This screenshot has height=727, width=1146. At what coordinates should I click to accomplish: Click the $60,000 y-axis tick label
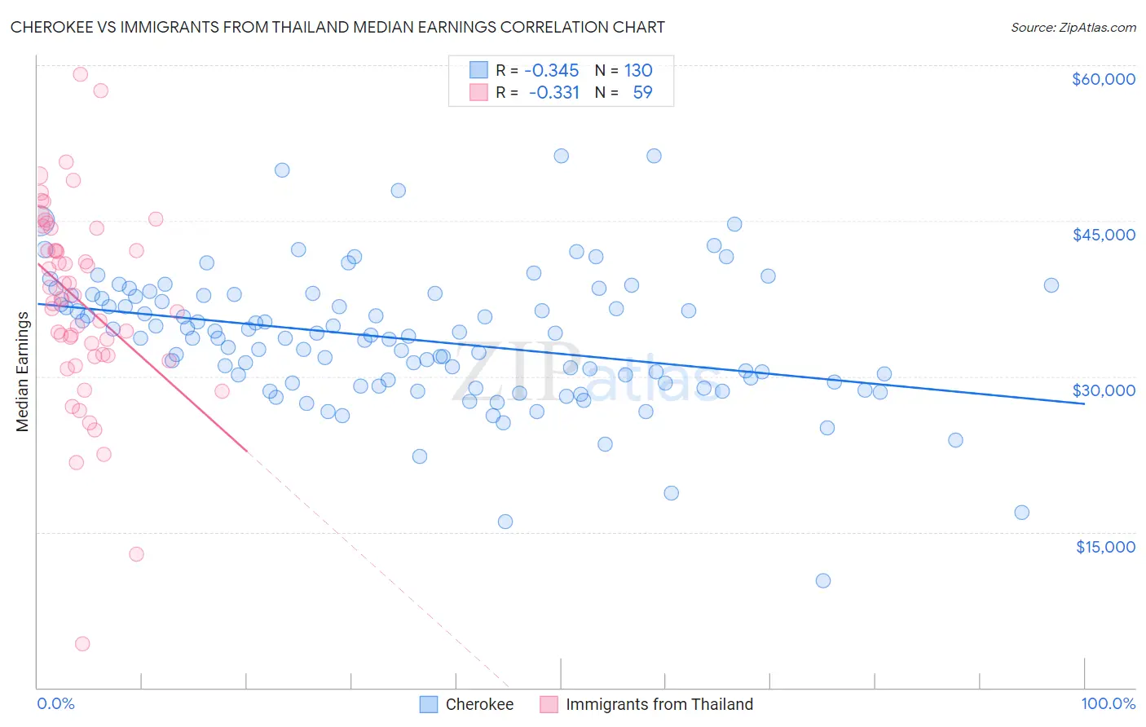coord(1103,79)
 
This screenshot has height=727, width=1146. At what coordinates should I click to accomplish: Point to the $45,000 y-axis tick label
coord(1103,235)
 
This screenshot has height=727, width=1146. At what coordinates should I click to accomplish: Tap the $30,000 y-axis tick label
coord(1103,390)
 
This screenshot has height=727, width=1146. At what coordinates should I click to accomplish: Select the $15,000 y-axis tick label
coord(1105,547)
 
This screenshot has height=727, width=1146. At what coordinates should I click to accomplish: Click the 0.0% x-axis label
coord(55,704)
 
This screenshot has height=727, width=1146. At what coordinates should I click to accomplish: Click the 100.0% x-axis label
coord(1108,704)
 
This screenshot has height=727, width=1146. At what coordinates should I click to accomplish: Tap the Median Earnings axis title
coord(22,372)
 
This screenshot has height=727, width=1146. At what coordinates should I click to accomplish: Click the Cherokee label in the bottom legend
coord(479,704)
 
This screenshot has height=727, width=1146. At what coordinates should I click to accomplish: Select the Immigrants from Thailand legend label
coord(659,704)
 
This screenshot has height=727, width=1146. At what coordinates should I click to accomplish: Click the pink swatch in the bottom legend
coord(549,704)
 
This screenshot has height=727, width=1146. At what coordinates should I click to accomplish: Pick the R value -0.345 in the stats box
coord(551,70)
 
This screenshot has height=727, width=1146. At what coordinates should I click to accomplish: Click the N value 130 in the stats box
coord(638,70)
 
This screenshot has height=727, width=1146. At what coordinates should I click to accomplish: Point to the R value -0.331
coord(553,92)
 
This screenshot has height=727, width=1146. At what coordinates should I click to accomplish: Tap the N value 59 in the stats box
coord(642,92)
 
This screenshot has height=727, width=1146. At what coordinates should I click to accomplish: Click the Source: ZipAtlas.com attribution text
coord(1073,28)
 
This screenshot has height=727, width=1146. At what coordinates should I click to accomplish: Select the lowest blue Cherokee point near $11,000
coord(823,580)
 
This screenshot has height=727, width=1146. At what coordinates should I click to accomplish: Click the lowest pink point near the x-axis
coord(82,644)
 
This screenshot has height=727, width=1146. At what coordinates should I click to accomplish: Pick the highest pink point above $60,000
coord(81,74)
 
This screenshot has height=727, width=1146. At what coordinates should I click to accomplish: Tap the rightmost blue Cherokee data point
coord(1051,285)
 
